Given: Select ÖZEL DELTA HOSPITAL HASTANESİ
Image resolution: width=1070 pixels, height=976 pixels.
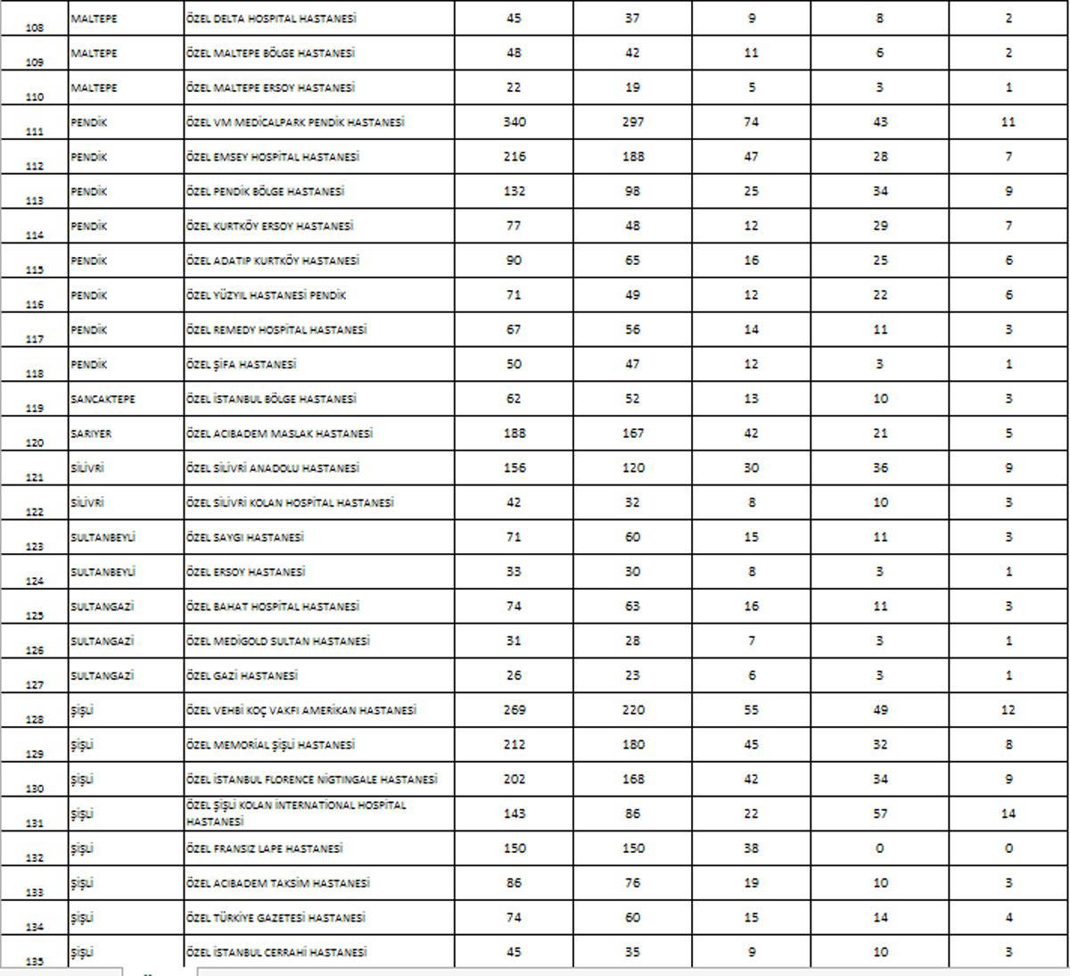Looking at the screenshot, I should (272, 19).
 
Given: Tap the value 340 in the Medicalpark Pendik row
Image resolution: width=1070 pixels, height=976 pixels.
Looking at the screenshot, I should (514, 122).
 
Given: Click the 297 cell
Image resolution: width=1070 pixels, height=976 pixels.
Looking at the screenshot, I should (632, 122).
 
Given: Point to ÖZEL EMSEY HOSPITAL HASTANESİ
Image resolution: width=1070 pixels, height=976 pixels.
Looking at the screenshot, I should (273, 157).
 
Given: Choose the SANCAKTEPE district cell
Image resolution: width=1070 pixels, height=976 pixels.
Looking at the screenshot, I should (103, 399).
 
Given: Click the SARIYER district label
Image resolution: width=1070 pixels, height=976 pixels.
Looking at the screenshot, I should (92, 434).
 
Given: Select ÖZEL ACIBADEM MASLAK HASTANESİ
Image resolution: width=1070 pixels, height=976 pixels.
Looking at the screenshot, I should (279, 434).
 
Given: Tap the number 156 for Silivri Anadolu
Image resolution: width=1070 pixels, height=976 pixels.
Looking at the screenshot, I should (514, 468).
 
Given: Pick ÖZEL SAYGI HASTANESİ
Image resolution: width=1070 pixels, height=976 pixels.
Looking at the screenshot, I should (245, 537).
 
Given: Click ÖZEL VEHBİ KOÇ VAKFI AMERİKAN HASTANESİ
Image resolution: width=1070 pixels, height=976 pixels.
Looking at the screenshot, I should (301, 711).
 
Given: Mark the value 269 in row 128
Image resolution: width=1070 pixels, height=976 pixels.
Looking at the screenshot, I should (514, 711).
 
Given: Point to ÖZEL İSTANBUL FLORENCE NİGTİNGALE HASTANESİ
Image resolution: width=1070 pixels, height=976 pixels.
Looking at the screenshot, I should (312, 780).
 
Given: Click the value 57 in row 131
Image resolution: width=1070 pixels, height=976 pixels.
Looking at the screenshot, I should (880, 815).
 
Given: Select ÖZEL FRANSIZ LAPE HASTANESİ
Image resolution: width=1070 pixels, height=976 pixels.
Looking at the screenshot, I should (265, 848).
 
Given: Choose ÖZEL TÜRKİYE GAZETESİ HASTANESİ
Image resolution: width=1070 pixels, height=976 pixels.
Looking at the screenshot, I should (276, 918).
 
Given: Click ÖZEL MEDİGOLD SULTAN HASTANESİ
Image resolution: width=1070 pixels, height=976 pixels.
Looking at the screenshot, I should (278, 641).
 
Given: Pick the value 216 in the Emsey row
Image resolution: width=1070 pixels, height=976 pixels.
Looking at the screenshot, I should (514, 157).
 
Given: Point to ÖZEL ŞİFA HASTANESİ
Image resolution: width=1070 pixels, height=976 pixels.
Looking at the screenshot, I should (241, 365).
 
